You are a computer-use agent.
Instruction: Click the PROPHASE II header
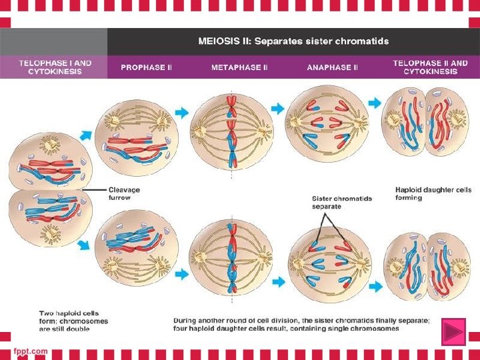coord(146,67)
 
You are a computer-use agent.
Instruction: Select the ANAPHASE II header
coord(332,67)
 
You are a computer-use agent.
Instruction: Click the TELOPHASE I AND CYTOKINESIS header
coord(55,67)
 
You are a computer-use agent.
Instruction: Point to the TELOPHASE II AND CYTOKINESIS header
coord(430,67)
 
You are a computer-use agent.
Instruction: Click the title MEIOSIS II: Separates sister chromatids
coord(294,41)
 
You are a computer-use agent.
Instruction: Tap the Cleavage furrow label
coord(124,193)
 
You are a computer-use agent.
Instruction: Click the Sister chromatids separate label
coord(342,202)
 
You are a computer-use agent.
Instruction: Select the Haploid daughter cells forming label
coord(433,193)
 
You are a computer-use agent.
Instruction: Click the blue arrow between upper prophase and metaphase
coord(181,110)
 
